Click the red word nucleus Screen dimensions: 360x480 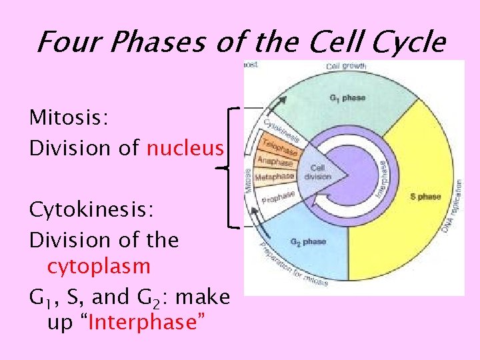tap(185, 148)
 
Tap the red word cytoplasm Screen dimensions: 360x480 tap(99, 267)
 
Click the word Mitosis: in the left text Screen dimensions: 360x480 tap(69, 118)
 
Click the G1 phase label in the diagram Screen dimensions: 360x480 tap(347, 98)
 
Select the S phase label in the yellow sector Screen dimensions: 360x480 tap(425, 197)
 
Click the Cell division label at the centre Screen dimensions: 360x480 tap(317, 172)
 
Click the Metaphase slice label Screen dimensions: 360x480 tap(275, 177)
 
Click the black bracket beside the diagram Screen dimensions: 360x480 tap(230, 167)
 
